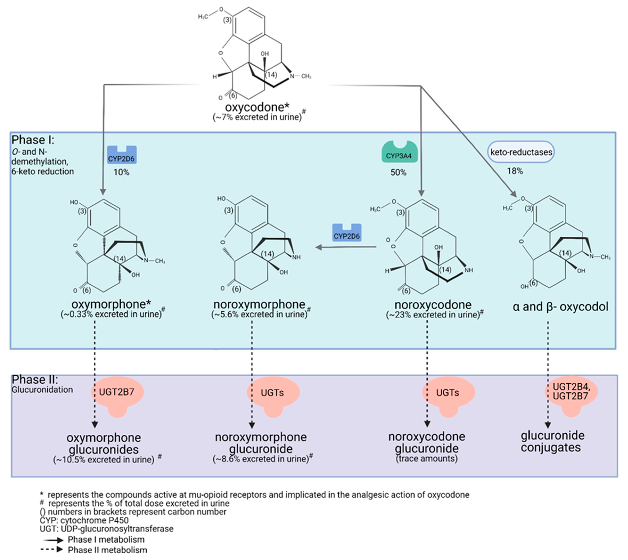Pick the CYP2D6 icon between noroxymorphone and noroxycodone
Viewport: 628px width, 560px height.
click(x=346, y=233)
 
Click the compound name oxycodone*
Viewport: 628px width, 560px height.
click(x=257, y=107)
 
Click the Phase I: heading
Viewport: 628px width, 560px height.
click(x=33, y=140)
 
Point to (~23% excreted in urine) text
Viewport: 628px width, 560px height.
click(x=433, y=315)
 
